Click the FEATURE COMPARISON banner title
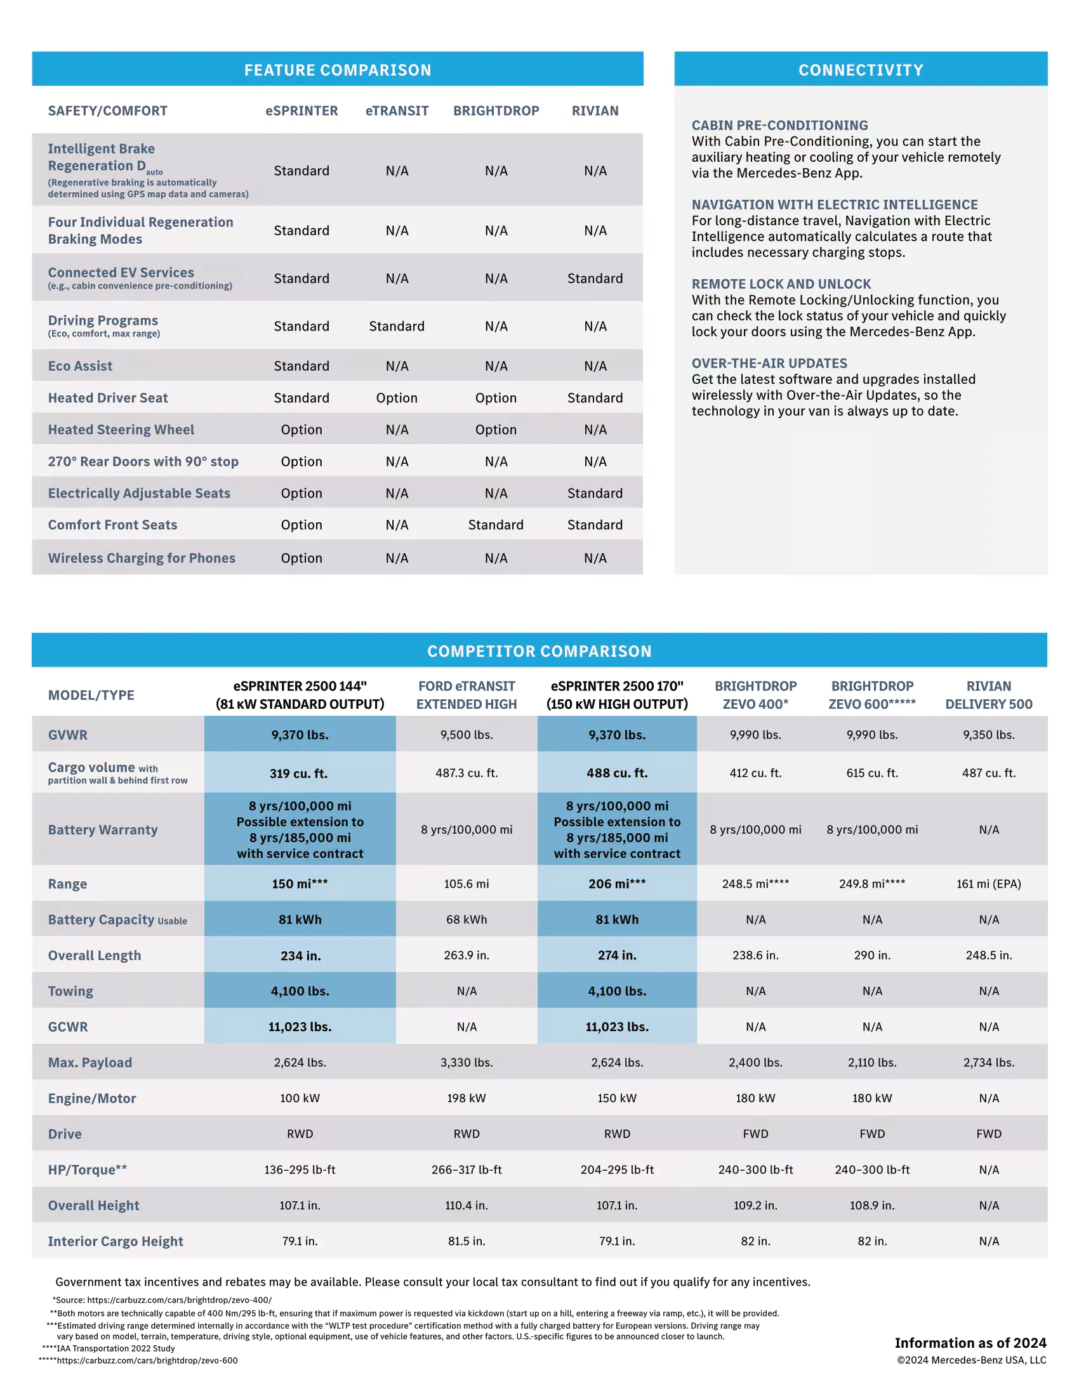(x=338, y=70)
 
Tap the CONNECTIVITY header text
(x=861, y=70)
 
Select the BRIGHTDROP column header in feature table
(x=496, y=110)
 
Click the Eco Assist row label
(x=80, y=365)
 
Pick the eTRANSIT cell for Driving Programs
(x=396, y=326)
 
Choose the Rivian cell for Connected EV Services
(x=595, y=278)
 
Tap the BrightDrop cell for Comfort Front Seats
(x=496, y=525)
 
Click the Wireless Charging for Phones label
(x=142, y=558)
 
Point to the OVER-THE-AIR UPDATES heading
(x=769, y=363)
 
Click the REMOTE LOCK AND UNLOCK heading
(x=781, y=284)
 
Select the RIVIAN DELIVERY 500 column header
(x=988, y=695)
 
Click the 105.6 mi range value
(x=466, y=883)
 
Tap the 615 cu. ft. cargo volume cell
(x=872, y=773)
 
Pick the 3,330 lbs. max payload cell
(x=466, y=1062)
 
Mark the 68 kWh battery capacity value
(x=466, y=919)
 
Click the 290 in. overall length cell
(x=872, y=955)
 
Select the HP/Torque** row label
(x=88, y=1169)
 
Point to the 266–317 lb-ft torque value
(x=466, y=1169)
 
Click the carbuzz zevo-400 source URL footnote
(x=162, y=1300)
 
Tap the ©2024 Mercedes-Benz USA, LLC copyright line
(x=971, y=1360)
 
